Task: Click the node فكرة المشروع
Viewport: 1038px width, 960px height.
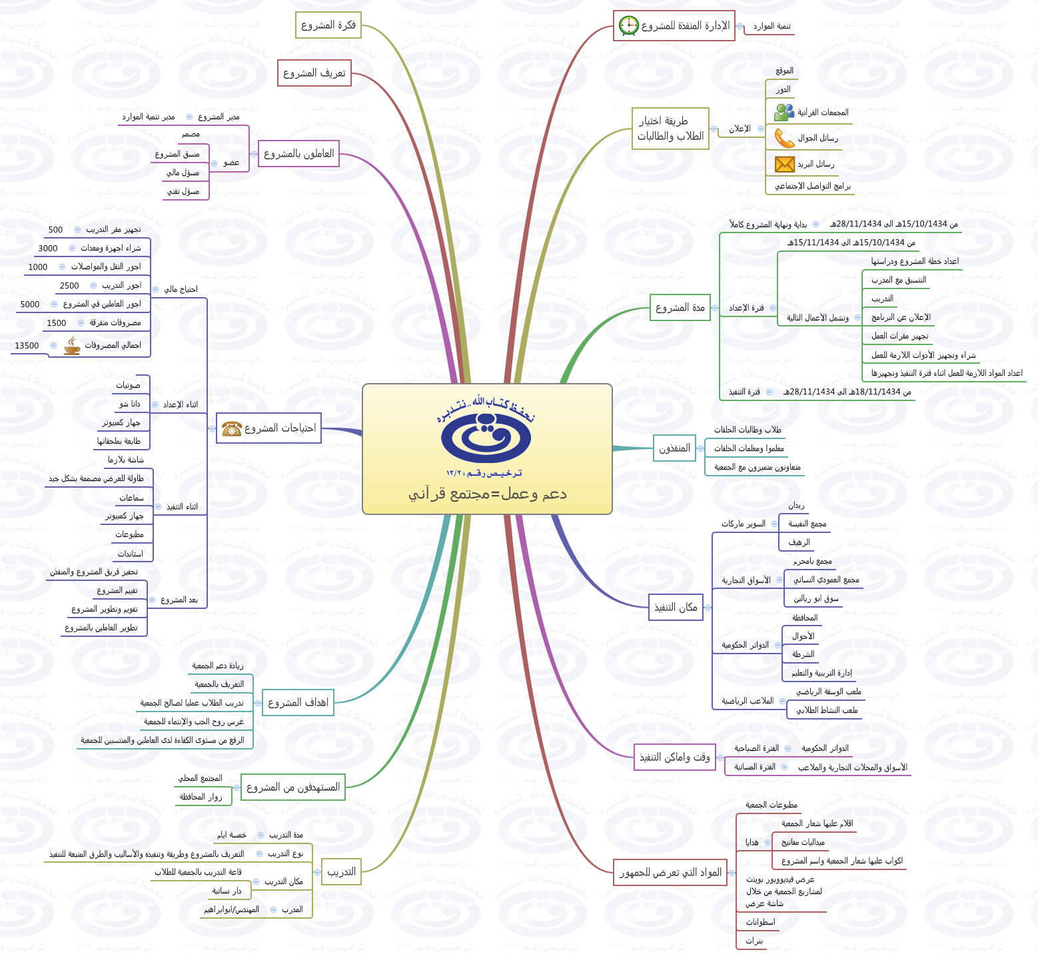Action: [x=328, y=25]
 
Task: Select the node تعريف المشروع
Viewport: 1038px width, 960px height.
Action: [x=314, y=73]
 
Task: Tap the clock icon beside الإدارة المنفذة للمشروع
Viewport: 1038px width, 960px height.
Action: [x=628, y=26]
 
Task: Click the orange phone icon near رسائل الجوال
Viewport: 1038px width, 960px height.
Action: [x=784, y=138]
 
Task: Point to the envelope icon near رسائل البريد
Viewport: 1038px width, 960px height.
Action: [x=784, y=164]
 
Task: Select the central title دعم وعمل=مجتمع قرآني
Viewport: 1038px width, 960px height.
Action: [x=487, y=494]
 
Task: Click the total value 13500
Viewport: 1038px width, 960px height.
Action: [x=27, y=346]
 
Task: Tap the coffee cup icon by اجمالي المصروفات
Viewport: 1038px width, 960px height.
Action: [x=71, y=345]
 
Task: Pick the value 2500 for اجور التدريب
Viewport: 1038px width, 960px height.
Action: [x=69, y=286]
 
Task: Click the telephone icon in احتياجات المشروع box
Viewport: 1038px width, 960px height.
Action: [x=231, y=428]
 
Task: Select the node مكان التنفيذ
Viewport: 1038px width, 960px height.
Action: [x=675, y=608]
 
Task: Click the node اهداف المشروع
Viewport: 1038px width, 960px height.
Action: [x=298, y=703]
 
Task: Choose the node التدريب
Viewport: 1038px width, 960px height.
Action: [x=341, y=872]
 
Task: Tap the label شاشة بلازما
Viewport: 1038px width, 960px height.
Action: [x=126, y=460]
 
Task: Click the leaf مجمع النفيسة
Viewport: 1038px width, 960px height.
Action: [x=807, y=524]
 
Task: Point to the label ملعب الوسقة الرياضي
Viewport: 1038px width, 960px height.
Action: [x=829, y=692]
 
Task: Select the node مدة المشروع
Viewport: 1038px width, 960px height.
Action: [x=680, y=308]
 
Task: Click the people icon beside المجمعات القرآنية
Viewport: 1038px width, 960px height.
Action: [x=784, y=112]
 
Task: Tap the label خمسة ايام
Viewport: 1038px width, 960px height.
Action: [x=231, y=835]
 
